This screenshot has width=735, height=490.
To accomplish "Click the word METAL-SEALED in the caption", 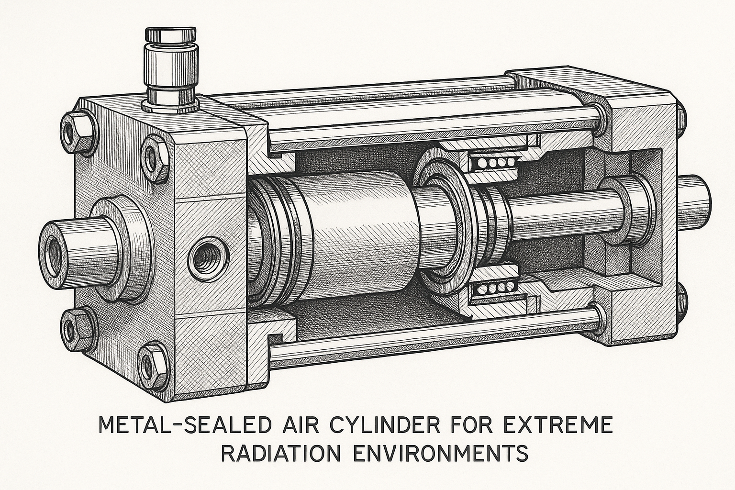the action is [185, 426].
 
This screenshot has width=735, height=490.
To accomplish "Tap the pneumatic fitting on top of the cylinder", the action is [171, 70].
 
